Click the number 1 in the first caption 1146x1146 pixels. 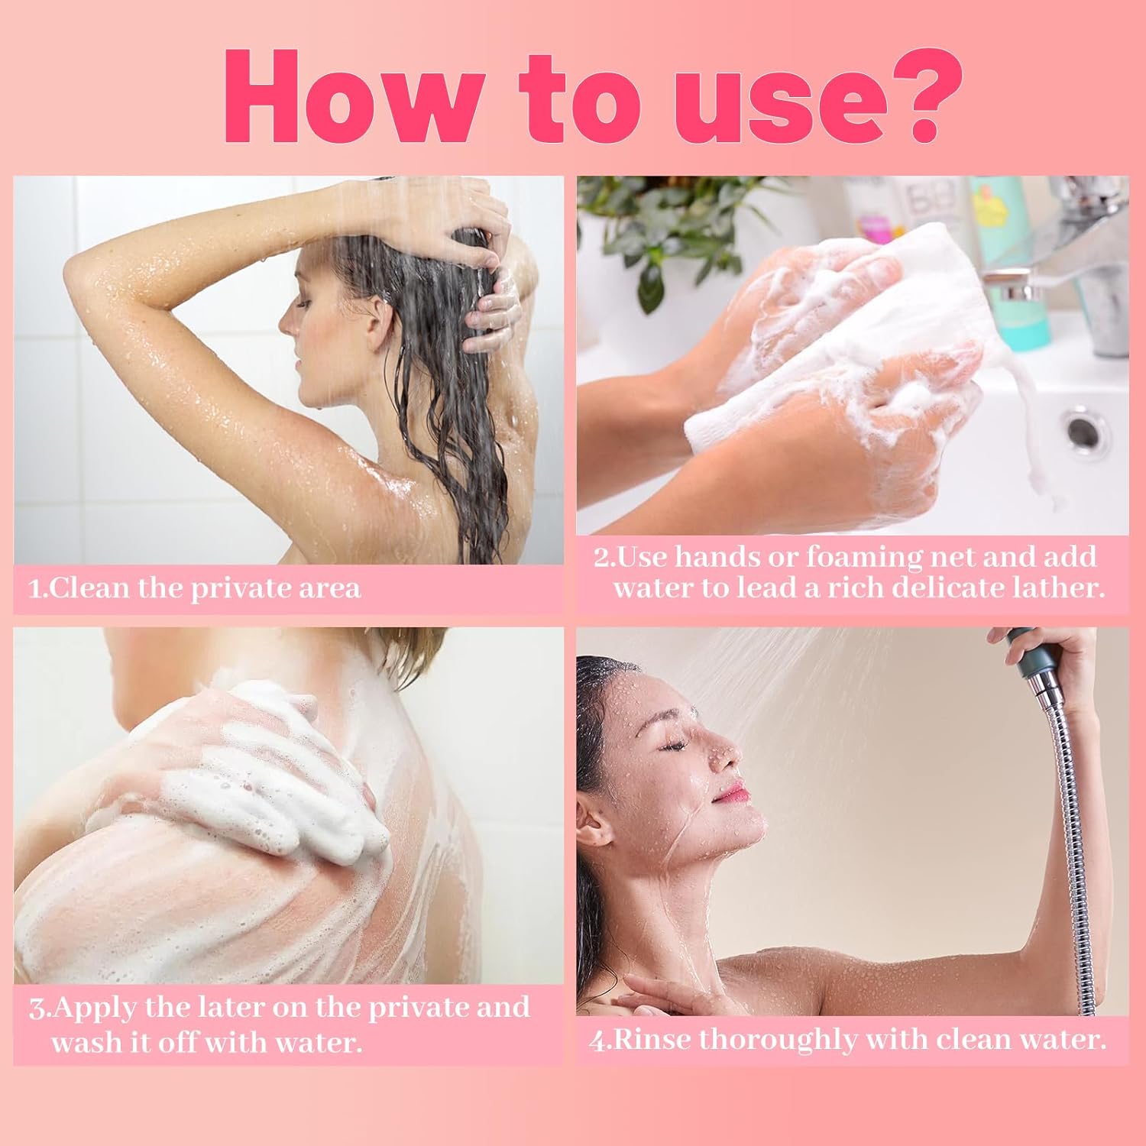pos(34,589)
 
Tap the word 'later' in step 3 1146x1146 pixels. pos(228,1007)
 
